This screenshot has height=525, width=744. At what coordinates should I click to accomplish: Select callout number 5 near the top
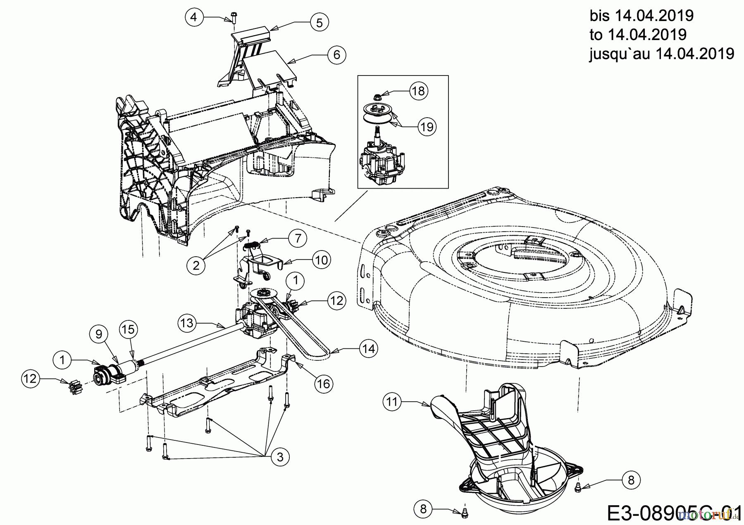tap(319, 22)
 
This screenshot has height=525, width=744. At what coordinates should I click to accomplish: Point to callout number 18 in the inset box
tap(419, 91)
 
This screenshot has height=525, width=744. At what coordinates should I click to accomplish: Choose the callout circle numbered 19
tap(427, 127)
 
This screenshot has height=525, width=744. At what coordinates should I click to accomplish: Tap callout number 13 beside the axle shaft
tap(187, 322)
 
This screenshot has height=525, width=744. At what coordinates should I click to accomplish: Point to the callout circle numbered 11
tap(392, 402)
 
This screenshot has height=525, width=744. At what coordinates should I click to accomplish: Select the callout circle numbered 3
tap(280, 457)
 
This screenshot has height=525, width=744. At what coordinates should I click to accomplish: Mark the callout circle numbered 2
tap(196, 265)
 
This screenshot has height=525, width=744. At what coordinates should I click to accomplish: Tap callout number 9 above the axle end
tap(98, 333)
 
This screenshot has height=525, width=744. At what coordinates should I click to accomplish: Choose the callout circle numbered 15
tap(128, 329)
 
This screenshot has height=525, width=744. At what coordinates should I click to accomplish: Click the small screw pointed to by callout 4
tap(232, 18)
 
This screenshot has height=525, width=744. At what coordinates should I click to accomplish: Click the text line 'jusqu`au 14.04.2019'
tap(661, 54)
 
